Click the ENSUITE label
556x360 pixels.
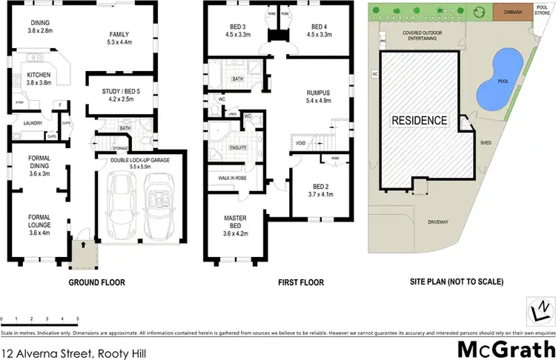click(237, 147)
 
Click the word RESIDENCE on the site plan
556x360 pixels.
click(420, 120)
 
